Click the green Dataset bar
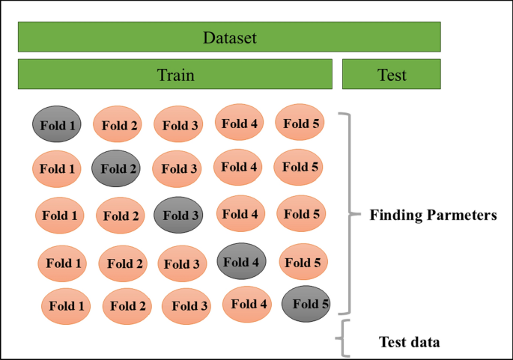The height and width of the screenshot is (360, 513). tap(228, 37)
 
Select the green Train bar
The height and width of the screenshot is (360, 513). tap(174, 75)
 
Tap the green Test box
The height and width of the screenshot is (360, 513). tap(391, 75)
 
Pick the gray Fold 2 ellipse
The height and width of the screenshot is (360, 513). tap(116, 168)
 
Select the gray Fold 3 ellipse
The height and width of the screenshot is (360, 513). tap(178, 216)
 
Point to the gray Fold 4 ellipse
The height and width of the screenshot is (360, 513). tap(241, 262)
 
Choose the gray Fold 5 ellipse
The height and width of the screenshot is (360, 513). tap(306, 304)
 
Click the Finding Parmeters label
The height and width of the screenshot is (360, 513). tap(433, 216)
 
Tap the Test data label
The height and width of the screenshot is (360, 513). tap(409, 343)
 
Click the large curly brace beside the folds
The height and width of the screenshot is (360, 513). tap(345, 214)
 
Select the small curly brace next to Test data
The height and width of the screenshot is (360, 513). tap(344, 338)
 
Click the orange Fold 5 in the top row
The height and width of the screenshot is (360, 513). tap(300, 123)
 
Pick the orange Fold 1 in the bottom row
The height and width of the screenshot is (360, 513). tap(67, 305)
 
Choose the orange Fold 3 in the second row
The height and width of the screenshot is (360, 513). tap(177, 169)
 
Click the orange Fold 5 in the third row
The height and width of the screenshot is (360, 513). tap(301, 215)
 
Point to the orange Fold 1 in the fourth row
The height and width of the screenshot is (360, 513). tap(63, 263)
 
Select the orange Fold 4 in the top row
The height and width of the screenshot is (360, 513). tap(240, 123)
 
